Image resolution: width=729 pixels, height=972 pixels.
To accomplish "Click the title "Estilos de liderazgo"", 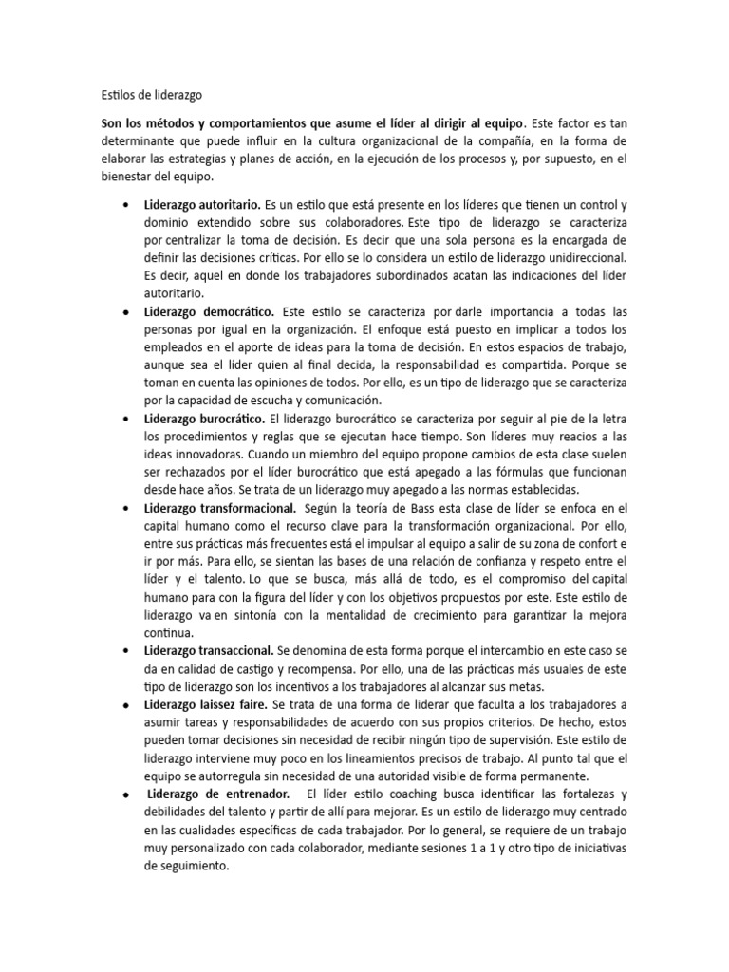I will (151, 95).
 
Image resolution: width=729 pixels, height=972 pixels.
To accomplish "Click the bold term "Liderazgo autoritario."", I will (203, 204).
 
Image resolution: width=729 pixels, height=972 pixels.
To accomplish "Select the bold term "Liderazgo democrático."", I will (210, 311).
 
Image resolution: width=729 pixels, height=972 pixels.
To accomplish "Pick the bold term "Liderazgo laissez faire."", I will (206, 704).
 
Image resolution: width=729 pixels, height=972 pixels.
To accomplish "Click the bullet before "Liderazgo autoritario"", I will (126, 205).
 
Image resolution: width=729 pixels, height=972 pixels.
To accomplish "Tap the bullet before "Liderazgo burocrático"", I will (126, 419).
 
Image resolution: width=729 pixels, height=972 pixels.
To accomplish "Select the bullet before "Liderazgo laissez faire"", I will (126, 705).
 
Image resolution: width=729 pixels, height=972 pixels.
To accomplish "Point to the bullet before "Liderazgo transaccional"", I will (126, 651).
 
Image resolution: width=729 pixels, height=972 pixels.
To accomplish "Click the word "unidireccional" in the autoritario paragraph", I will (577, 258).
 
